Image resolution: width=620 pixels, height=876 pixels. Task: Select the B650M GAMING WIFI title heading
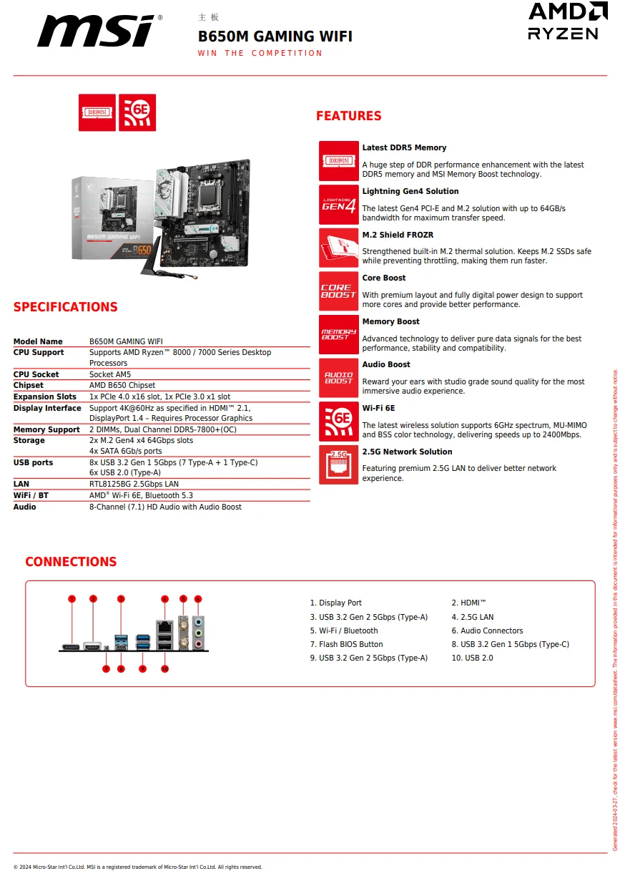275,36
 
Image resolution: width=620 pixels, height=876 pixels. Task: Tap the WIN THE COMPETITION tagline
260,53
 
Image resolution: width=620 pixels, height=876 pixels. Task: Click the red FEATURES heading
348,116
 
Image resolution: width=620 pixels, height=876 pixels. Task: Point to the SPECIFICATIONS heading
65,307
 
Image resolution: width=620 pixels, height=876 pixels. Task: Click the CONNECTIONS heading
71,562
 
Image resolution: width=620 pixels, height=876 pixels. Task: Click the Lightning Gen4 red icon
338,205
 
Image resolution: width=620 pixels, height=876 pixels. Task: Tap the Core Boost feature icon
338,291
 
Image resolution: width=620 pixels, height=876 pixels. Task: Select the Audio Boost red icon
338,378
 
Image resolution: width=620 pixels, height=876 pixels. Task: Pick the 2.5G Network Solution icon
338,464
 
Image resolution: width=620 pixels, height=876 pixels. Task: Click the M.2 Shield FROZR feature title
398,235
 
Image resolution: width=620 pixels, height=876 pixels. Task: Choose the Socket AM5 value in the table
110,374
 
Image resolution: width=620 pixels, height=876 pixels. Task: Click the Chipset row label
29,385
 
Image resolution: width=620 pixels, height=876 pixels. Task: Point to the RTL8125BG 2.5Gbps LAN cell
134,484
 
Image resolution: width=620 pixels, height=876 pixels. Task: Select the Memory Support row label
46,429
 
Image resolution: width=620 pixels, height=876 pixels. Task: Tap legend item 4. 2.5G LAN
473,617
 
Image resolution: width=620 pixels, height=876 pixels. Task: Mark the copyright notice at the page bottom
137,867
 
